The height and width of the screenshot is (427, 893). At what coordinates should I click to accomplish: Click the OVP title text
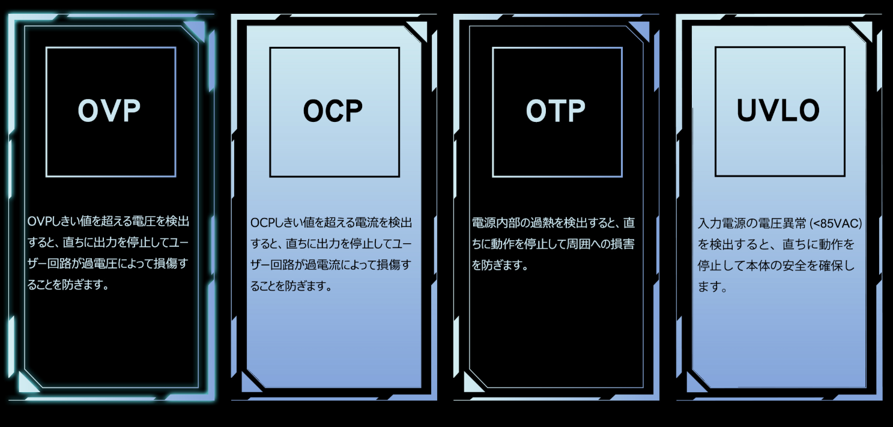click(x=109, y=111)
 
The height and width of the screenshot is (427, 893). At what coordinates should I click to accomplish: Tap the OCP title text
click(x=333, y=111)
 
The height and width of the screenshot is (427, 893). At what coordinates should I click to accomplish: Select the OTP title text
click(x=555, y=111)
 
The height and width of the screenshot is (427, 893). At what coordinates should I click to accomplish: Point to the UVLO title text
click(x=778, y=110)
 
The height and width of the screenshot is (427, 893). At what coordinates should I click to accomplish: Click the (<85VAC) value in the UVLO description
click(x=835, y=223)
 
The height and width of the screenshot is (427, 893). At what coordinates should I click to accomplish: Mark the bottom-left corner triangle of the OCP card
click(x=250, y=383)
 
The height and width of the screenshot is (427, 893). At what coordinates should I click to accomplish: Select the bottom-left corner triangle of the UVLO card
click(x=696, y=383)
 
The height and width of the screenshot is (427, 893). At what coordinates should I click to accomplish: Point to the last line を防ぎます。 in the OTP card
click(x=500, y=265)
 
